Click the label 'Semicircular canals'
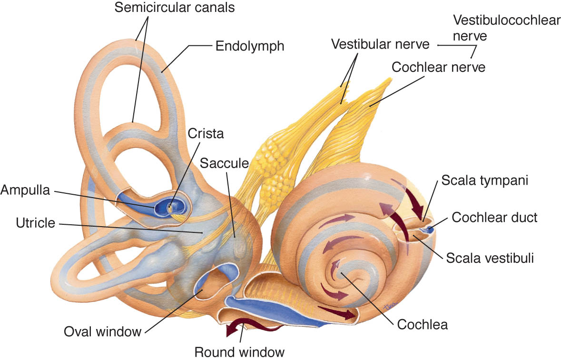click(175, 8)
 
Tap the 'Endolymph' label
click(250, 46)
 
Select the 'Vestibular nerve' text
click(380, 44)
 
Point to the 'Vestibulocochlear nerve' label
click(507, 28)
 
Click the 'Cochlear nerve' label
click(438, 67)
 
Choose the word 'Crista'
click(206, 134)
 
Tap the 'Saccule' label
click(224, 163)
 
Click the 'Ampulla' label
click(25, 190)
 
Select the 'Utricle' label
click(35, 223)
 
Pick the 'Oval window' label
click(102, 332)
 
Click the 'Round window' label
click(239, 352)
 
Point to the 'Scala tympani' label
click(485, 180)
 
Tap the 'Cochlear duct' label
click(494, 217)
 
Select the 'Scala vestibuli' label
click(490, 258)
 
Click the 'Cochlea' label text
click(422, 325)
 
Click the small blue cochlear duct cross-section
click(429, 228)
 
